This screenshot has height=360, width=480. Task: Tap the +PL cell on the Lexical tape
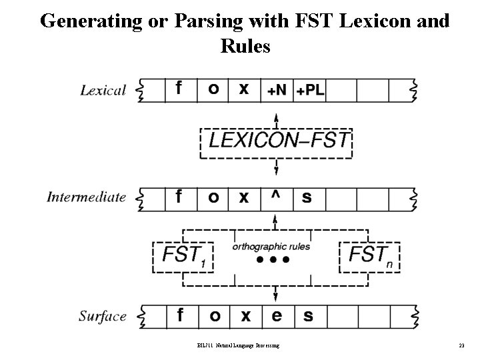pyautogui.click(x=310, y=90)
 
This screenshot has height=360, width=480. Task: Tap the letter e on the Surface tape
pyautogui.click(x=277, y=315)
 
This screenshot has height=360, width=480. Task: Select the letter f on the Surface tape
pyautogui.click(x=181, y=315)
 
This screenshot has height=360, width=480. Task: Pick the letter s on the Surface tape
pyautogui.click(x=307, y=315)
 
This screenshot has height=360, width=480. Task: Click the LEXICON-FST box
pyautogui.click(x=277, y=141)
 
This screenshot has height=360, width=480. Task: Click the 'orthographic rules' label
pyautogui.click(x=271, y=247)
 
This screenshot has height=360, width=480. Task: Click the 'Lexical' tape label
pyautogui.click(x=103, y=90)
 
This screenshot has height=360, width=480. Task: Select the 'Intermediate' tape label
pyautogui.click(x=87, y=197)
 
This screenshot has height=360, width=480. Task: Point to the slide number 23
pyautogui.click(x=461, y=345)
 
